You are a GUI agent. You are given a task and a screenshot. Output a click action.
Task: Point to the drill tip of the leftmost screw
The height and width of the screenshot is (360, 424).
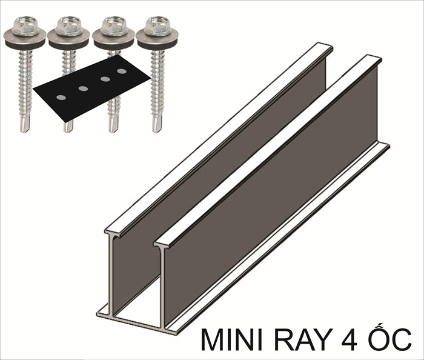(x=25, y=124)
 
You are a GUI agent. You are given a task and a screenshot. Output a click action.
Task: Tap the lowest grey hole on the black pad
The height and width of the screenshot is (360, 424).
(x=61, y=98)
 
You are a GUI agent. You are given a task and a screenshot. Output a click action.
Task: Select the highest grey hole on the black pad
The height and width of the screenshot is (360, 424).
(x=122, y=72)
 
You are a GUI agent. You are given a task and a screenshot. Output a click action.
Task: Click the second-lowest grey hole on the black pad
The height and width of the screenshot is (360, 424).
(x=83, y=88)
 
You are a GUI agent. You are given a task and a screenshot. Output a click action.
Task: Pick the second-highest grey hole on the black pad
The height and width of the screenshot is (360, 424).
(x=105, y=79)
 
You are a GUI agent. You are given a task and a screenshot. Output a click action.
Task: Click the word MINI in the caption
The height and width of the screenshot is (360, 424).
(x=230, y=339)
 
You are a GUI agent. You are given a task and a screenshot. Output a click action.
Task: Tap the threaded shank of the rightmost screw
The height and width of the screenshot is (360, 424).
(x=156, y=84)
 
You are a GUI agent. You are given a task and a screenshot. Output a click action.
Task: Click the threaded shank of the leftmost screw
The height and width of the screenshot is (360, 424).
(x=25, y=84)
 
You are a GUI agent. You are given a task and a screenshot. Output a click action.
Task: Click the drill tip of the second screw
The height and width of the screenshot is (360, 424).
(x=68, y=127)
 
